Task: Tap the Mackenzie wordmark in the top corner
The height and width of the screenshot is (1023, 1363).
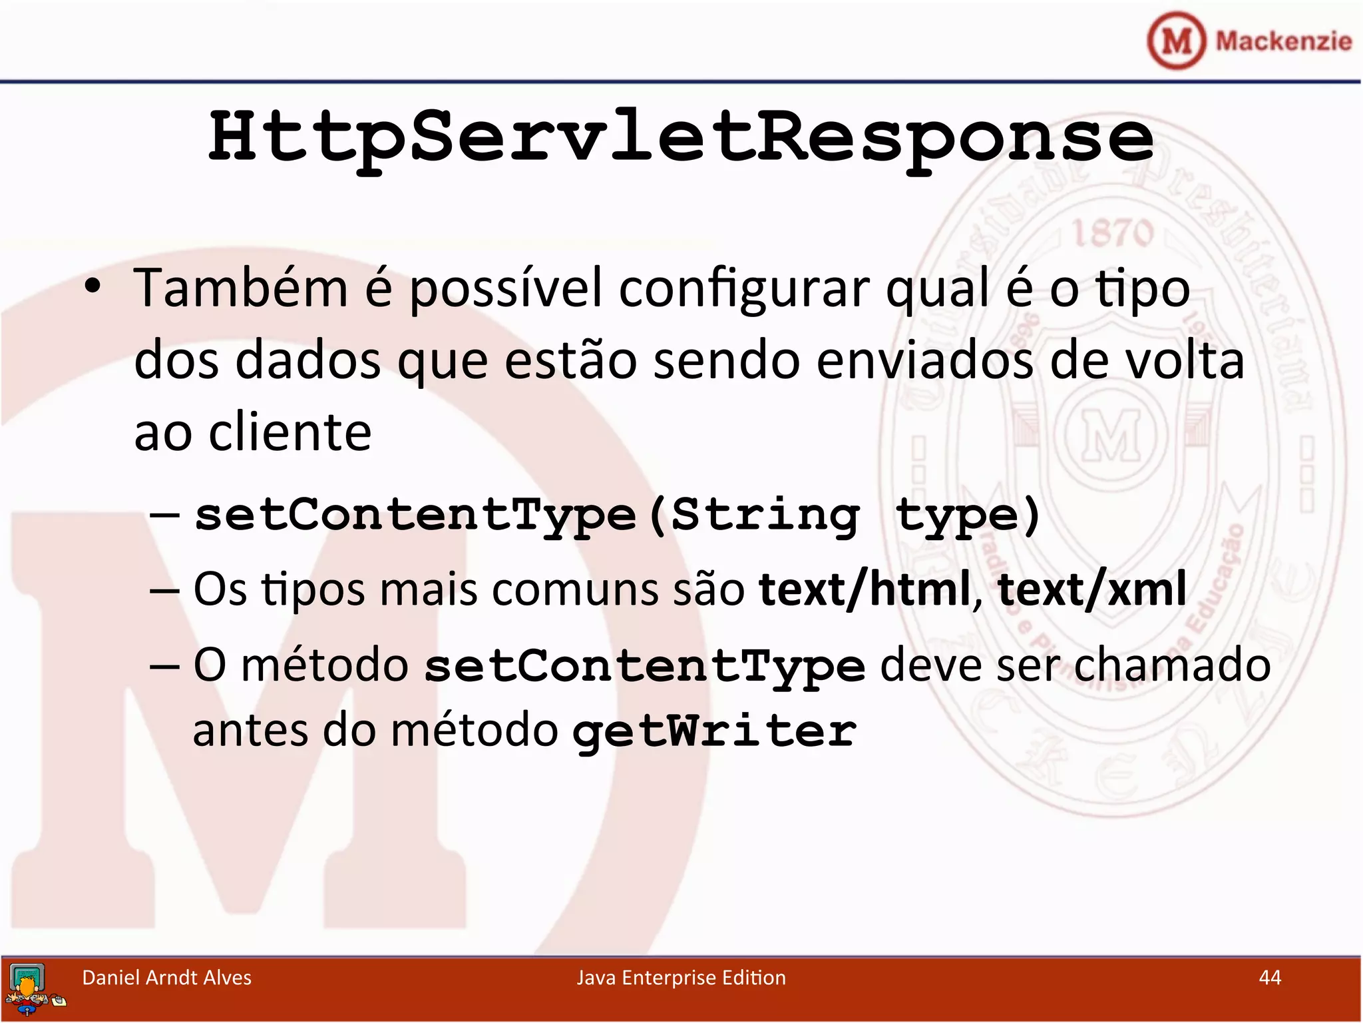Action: (1283, 41)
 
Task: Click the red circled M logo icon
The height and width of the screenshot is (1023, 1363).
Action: (1176, 41)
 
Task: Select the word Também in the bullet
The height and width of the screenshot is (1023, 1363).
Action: (241, 288)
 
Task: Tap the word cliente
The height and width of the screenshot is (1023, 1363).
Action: (290, 432)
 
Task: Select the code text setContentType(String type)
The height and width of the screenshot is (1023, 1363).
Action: (618, 515)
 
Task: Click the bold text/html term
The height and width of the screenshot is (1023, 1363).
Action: (864, 589)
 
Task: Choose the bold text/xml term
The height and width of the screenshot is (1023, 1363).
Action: (1091, 589)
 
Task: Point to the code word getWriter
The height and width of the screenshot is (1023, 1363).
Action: (715, 731)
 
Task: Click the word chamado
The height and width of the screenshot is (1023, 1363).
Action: (1172, 665)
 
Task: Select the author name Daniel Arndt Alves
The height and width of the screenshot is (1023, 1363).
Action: (166, 977)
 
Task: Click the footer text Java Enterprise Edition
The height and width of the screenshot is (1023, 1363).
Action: (681, 977)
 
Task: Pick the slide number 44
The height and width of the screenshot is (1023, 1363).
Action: (1270, 977)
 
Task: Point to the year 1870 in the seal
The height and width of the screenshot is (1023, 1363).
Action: (1112, 233)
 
